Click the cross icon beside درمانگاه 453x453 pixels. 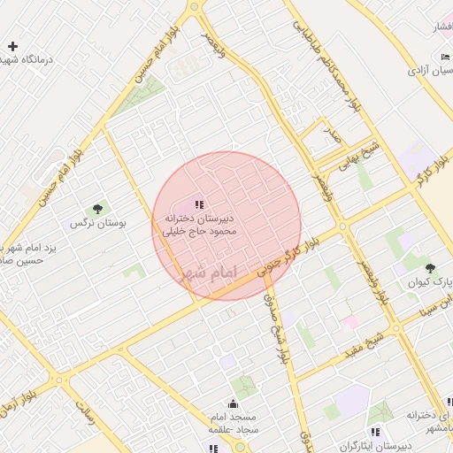(x=12, y=46)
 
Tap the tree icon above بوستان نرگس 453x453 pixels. (x=97, y=209)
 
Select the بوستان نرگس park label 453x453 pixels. (x=98, y=224)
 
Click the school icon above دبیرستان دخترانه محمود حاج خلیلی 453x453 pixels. (x=198, y=203)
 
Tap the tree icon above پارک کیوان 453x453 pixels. (x=430, y=267)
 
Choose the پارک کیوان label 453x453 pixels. (x=430, y=283)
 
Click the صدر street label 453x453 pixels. (x=331, y=134)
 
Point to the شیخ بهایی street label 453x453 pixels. (x=364, y=150)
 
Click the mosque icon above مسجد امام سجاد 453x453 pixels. (x=232, y=403)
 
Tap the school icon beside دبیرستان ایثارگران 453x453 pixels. (x=376, y=432)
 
